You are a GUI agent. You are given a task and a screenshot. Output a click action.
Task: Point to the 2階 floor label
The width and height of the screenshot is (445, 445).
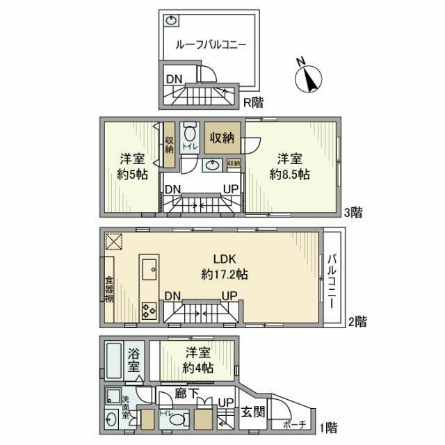(x=357, y=321)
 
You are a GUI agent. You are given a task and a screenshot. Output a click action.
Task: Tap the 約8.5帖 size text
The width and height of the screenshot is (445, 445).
(x=291, y=175)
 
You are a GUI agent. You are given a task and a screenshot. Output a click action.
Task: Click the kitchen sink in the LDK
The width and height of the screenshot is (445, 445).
(x=149, y=267)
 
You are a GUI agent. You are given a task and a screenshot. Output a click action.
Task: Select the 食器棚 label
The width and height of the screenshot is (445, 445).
(x=109, y=289)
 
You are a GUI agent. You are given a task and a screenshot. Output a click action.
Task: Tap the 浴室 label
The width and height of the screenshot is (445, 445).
(x=135, y=360)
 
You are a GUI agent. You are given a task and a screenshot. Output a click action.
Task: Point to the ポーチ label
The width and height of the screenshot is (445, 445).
(x=293, y=423)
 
